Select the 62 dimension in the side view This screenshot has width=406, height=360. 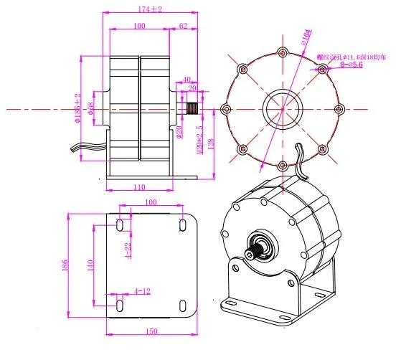tap(182, 25)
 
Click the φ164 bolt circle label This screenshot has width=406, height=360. tap(304, 37)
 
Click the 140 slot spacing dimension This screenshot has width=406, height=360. tap(91, 266)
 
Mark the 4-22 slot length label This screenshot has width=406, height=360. tap(127, 249)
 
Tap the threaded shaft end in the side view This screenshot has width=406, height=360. tap(193, 110)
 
